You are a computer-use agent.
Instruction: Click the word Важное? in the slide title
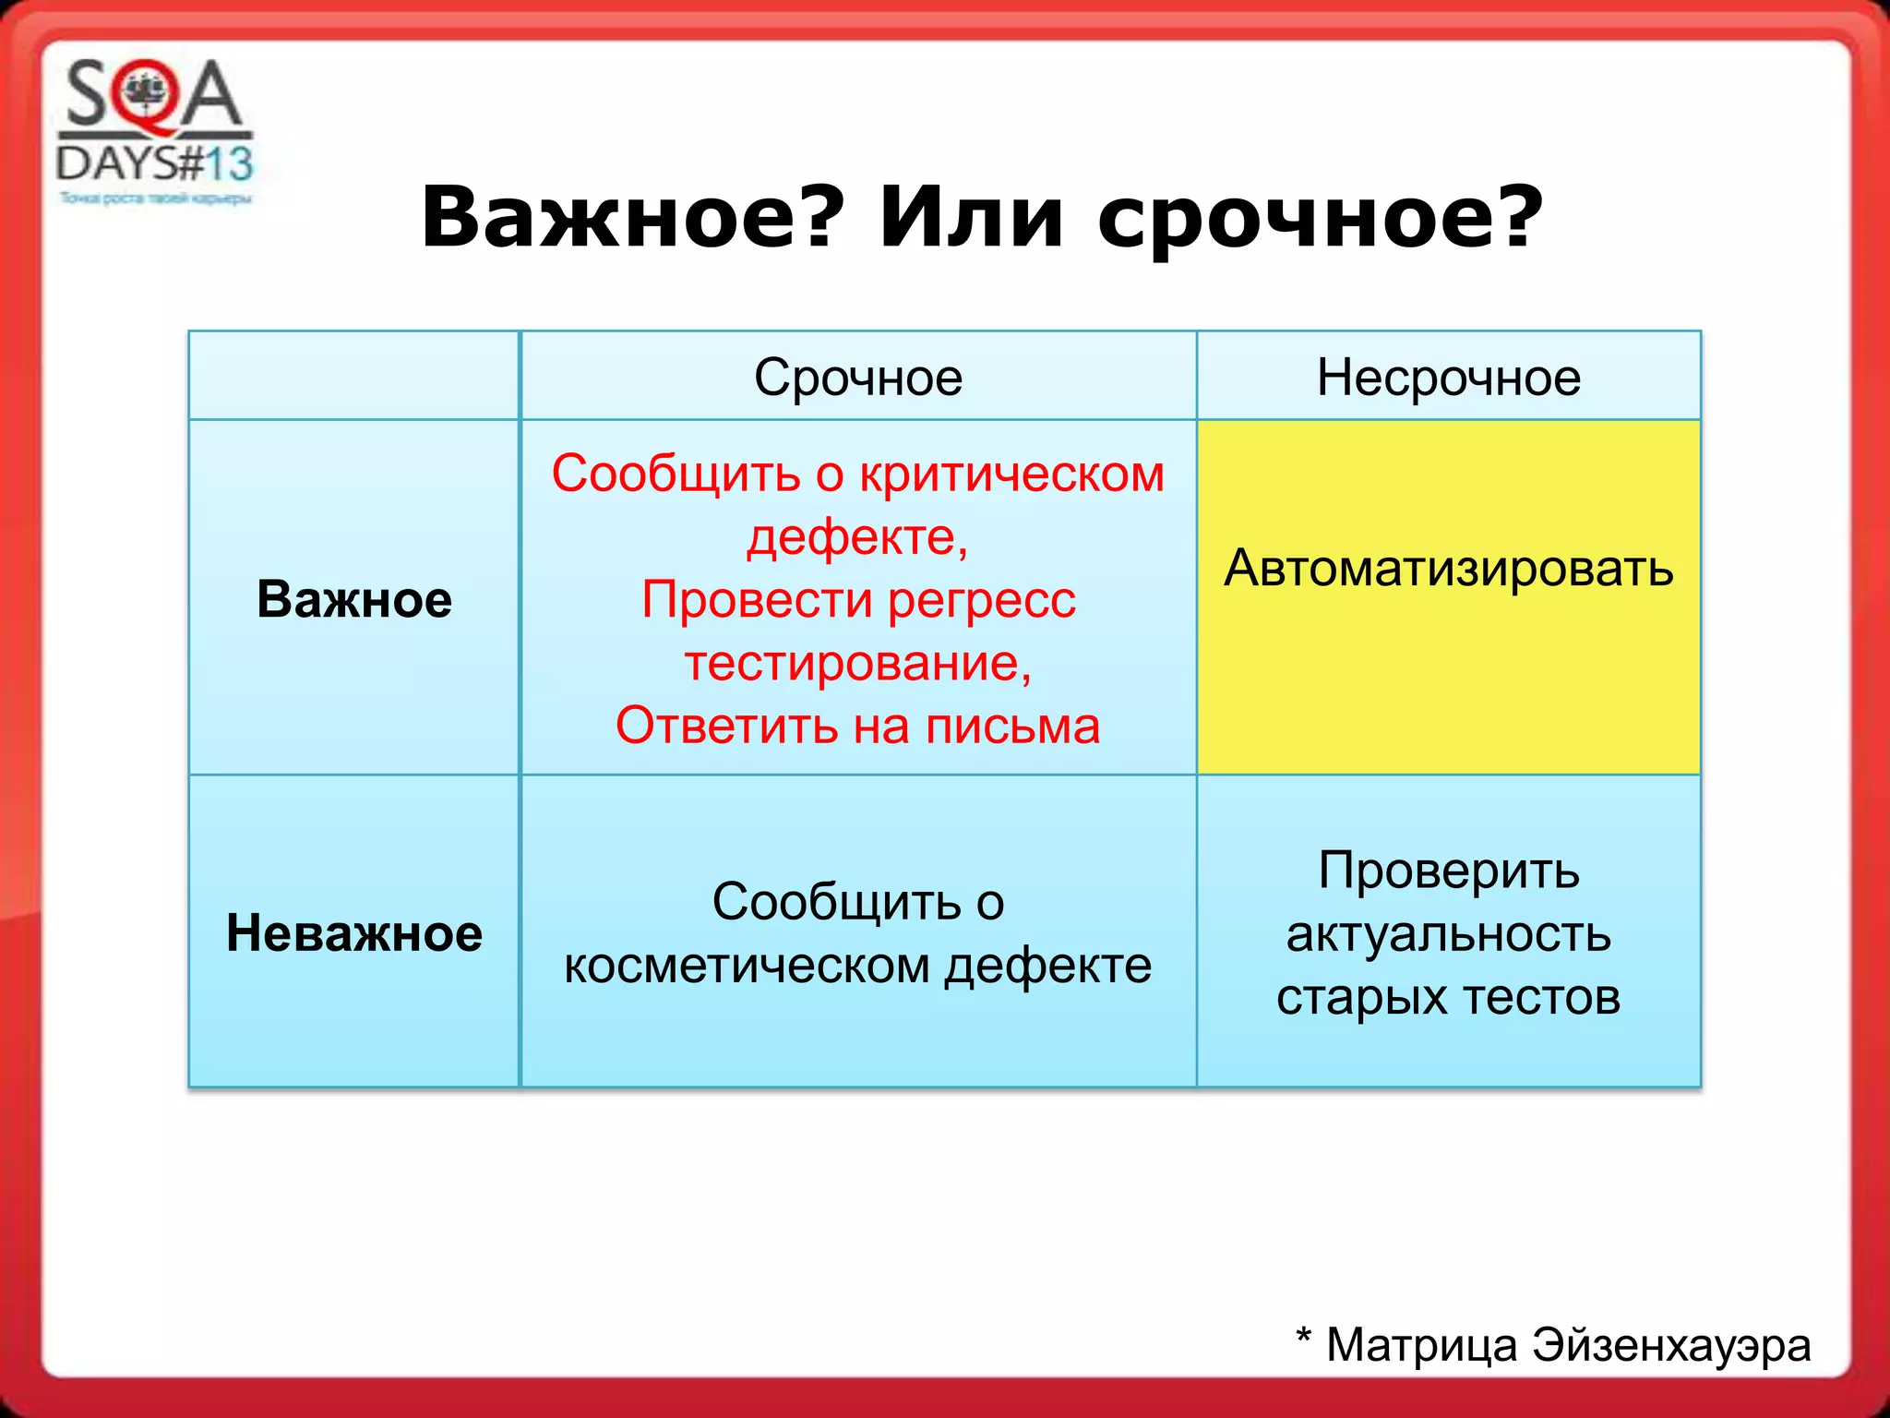[632, 218]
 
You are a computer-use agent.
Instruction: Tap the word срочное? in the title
[1320, 220]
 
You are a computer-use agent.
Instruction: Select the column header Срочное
[858, 378]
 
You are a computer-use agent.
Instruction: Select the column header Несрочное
[1448, 378]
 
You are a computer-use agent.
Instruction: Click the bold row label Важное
[354, 599]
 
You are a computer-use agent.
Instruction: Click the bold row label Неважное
[354, 932]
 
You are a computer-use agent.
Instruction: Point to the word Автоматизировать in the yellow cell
[1448, 568]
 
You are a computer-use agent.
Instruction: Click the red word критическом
[1011, 475]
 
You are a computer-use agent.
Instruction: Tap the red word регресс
[982, 600]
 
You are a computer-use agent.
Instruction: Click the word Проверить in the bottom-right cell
[1448, 871]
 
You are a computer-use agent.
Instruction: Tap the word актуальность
[1448, 934]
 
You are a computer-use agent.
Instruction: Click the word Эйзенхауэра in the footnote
[1671, 1345]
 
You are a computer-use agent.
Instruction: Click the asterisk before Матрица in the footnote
[1303, 1337]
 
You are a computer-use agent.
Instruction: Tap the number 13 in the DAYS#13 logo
[228, 164]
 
